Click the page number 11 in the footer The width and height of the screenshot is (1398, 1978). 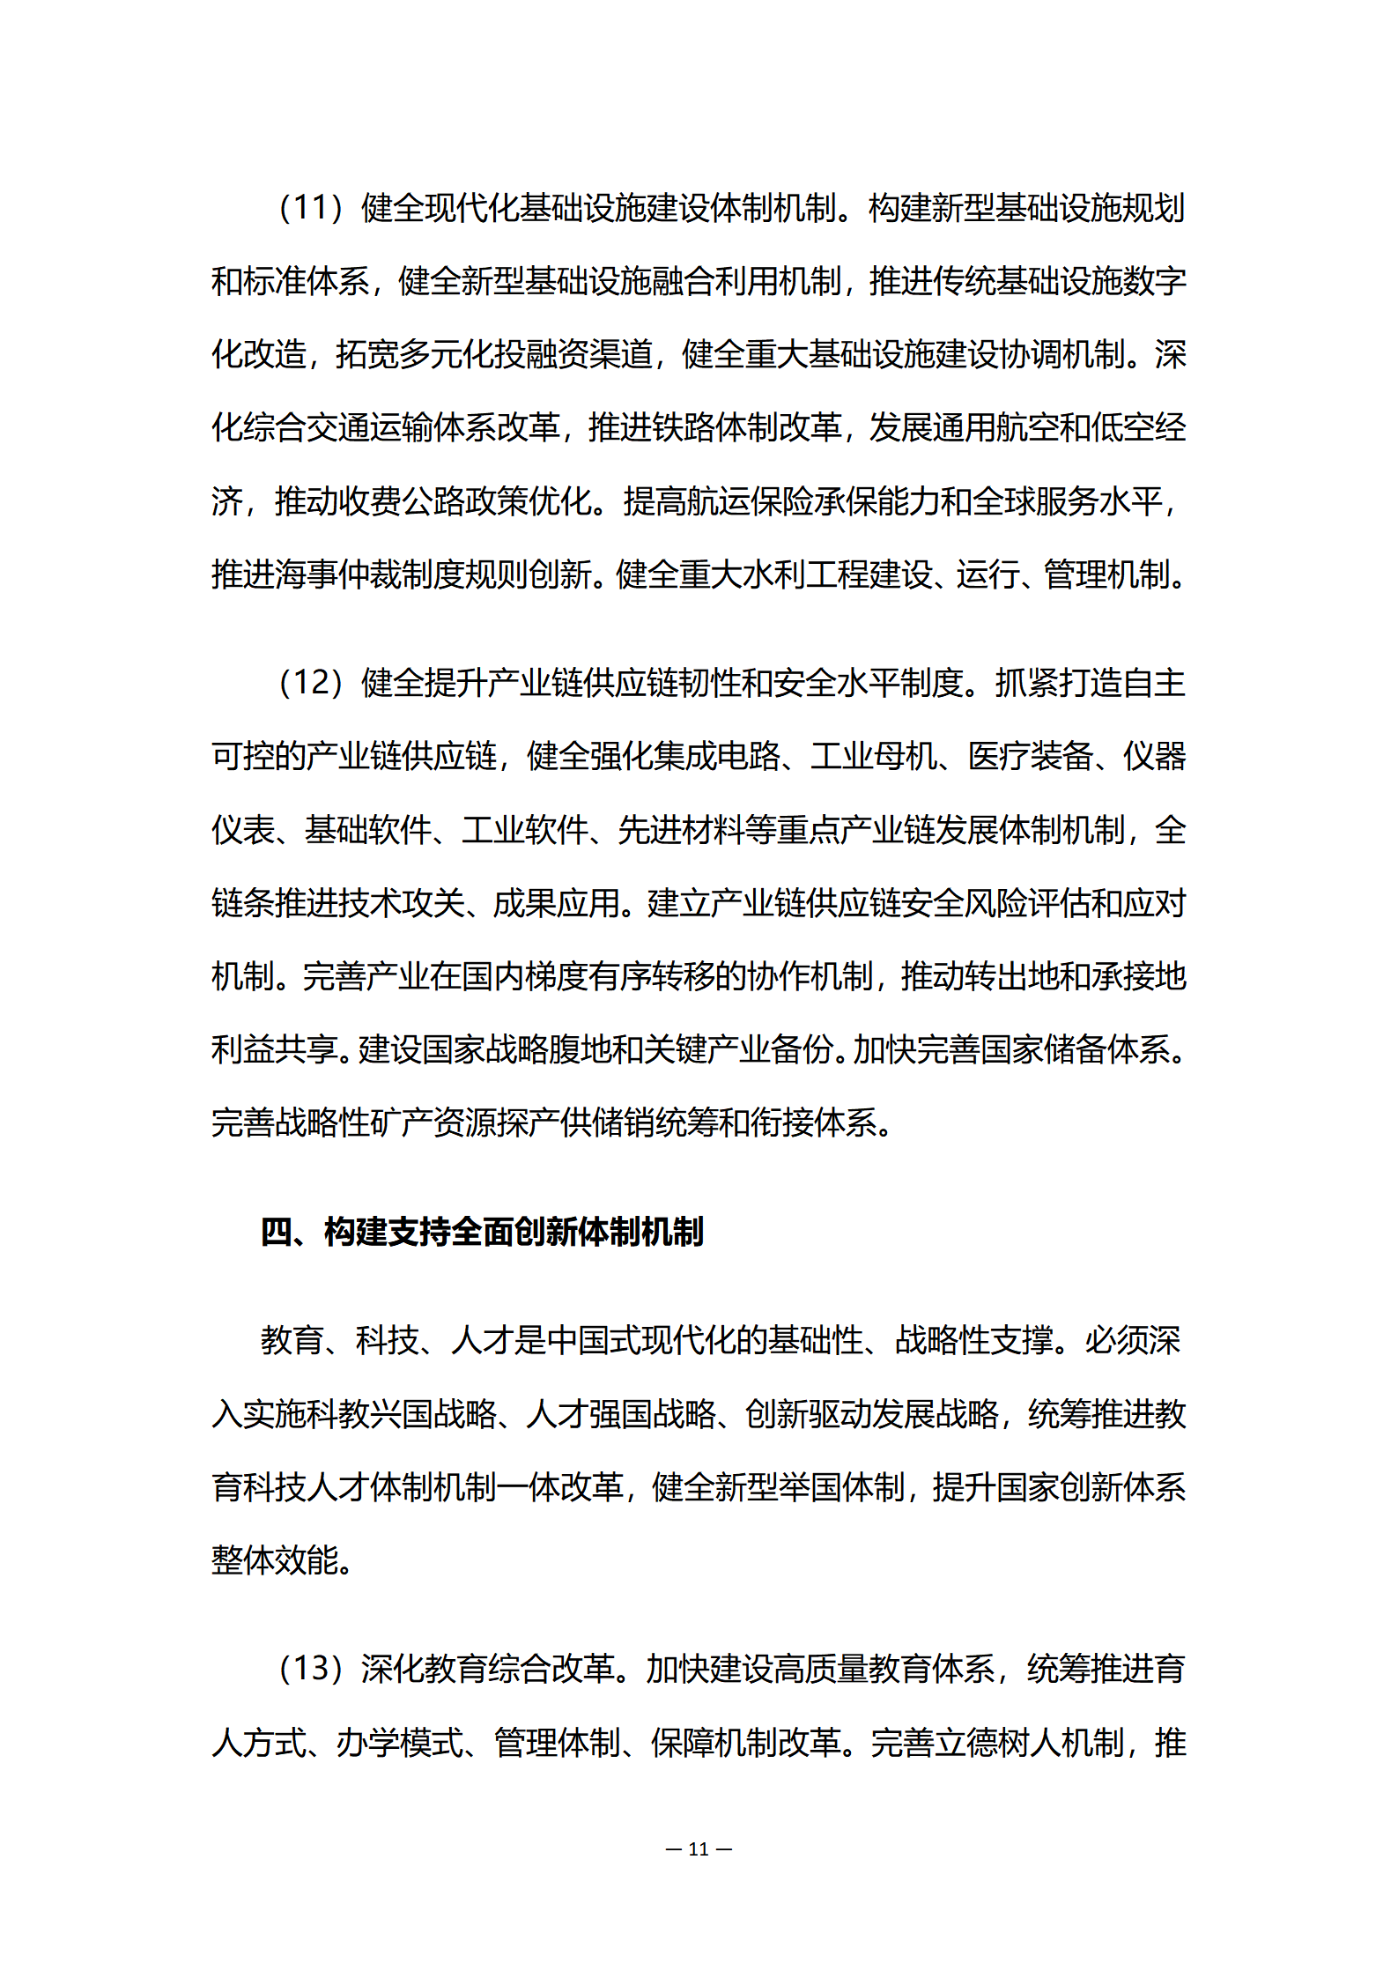pyautogui.click(x=699, y=1848)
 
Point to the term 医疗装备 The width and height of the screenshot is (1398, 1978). pyautogui.click(x=1030, y=756)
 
